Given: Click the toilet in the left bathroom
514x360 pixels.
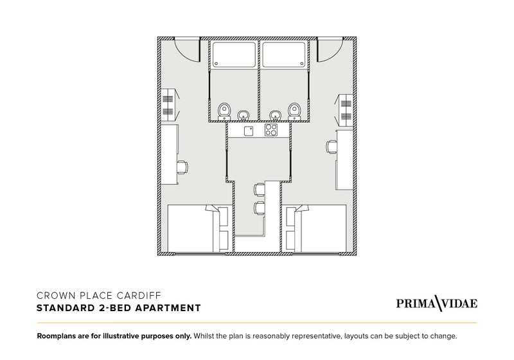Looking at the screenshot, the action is tap(224, 111).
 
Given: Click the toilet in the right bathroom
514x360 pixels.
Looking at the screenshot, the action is tap(294, 111).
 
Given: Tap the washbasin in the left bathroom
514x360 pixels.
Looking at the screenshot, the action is tap(244, 115).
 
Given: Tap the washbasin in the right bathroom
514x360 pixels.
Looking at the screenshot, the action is tap(275, 115).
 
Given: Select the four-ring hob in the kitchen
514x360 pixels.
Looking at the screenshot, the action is tap(271, 129).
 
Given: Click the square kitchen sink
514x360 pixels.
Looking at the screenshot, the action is tap(249, 130).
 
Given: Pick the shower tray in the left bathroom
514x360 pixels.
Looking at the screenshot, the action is tap(234, 55).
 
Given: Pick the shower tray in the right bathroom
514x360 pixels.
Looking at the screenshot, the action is tap(284, 55).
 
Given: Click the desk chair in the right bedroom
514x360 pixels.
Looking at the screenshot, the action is tap(332, 147).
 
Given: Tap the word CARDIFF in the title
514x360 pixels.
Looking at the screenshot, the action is tap(139, 296).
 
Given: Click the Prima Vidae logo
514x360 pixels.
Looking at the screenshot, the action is tap(437, 303).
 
